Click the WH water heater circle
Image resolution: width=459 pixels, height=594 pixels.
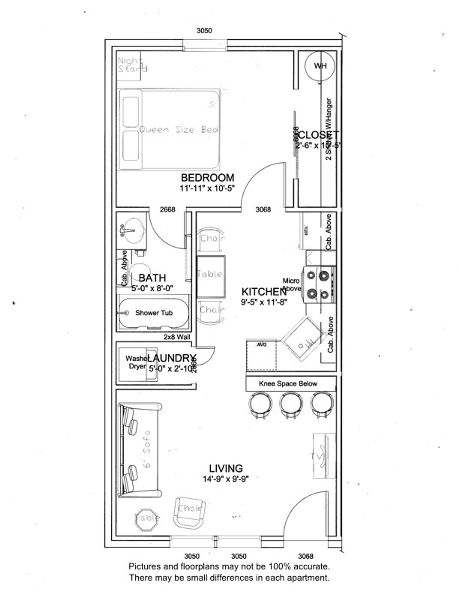point(320,66)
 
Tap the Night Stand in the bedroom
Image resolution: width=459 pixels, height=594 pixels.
point(129,65)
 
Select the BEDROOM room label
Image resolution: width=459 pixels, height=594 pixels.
point(208,178)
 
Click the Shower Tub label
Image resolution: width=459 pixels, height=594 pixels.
point(154,313)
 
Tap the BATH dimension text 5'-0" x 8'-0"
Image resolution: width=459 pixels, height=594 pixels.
point(152,288)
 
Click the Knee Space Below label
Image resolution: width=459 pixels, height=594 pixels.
point(288,384)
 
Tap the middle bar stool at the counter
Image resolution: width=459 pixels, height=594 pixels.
point(291,404)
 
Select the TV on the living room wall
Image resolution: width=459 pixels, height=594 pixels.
point(324,456)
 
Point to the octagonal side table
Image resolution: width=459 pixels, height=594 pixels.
point(147,518)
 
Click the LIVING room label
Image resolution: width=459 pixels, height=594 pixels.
point(226,468)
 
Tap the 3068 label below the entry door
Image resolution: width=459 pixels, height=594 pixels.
point(306,556)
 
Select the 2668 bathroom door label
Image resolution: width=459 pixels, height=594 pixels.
point(167,209)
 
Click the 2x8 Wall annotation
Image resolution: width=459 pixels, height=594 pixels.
point(177,337)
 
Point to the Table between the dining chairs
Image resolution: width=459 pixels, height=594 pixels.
point(211,274)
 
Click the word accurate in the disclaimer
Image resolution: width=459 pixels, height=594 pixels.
point(311,566)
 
